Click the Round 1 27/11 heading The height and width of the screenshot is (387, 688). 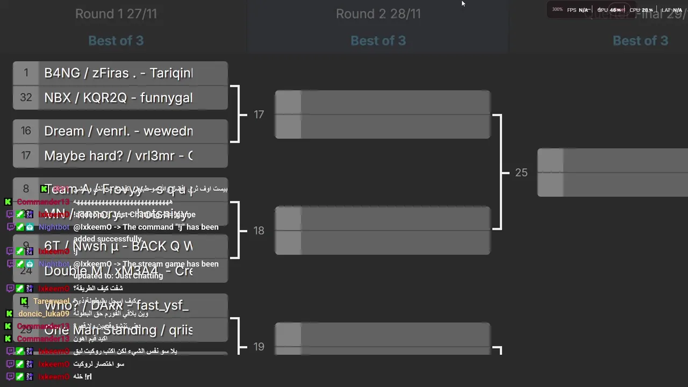tap(116, 14)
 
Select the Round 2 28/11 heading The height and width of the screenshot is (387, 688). tap(378, 14)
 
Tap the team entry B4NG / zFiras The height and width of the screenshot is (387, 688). tap(118, 73)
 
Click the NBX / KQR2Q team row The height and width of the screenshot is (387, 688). tap(118, 98)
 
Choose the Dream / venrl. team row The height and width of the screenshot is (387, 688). tap(118, 131)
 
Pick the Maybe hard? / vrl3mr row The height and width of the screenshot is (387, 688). tap(118, 156)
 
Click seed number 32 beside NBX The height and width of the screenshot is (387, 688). tap(26, 97)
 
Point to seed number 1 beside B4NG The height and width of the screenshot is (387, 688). tap(26, 73)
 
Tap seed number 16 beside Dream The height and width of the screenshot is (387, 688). tap(26, 131)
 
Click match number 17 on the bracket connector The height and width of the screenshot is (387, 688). tap(259, 114)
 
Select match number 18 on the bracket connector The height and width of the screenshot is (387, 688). tap(259, 231)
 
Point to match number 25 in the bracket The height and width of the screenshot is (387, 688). tap(521, 173)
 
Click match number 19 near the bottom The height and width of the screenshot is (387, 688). tap(259, 347)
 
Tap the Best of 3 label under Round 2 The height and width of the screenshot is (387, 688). tap(378, 41)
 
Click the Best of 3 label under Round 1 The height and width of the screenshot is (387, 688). tap(116, 41)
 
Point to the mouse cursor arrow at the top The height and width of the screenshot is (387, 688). tap(463, 4)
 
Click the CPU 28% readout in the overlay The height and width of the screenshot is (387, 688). tap(641, 10)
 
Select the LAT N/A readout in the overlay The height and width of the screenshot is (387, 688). tap(671, 10)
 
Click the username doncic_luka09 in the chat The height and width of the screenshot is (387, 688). tap(44, 314)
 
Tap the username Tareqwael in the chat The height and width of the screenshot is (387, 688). tap(51, 302)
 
